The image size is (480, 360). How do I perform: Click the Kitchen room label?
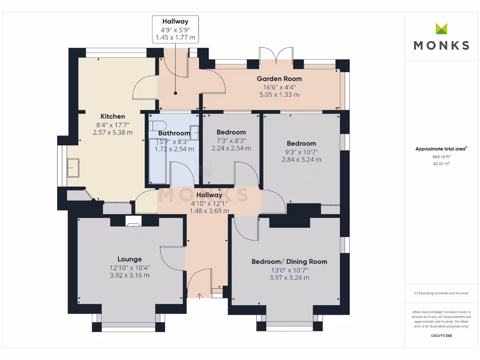112,116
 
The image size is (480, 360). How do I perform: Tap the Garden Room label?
279,79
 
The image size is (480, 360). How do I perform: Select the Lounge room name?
129,259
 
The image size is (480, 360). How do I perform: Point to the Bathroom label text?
174,133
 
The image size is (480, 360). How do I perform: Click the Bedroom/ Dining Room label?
289,262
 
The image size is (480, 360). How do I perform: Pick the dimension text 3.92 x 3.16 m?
129,275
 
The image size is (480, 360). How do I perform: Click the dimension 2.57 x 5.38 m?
112,133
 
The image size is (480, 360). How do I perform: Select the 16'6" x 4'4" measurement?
279,87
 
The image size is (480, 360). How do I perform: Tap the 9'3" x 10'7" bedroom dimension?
301,152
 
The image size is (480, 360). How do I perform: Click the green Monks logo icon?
442,29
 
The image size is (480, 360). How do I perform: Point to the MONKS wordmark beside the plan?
442,45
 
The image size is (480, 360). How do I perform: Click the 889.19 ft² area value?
441,157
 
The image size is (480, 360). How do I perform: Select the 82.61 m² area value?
441,164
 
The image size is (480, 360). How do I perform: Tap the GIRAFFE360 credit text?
441,336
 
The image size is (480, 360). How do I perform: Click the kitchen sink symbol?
73,167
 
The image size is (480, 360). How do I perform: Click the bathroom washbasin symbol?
195,133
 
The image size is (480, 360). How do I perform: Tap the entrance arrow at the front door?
199,296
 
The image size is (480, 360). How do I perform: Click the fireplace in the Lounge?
134,221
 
